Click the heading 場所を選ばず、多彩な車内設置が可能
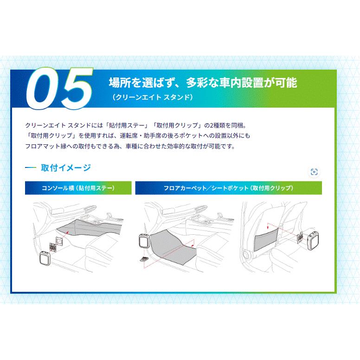pos(202,83)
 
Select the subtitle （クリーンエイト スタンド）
pos(152,98)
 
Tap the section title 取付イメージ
pos(65,168)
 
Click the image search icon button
pos(314,172)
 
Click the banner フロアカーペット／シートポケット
pos(228,188)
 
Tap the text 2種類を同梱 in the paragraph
pos(222,125)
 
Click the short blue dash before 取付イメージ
pos(30,168)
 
